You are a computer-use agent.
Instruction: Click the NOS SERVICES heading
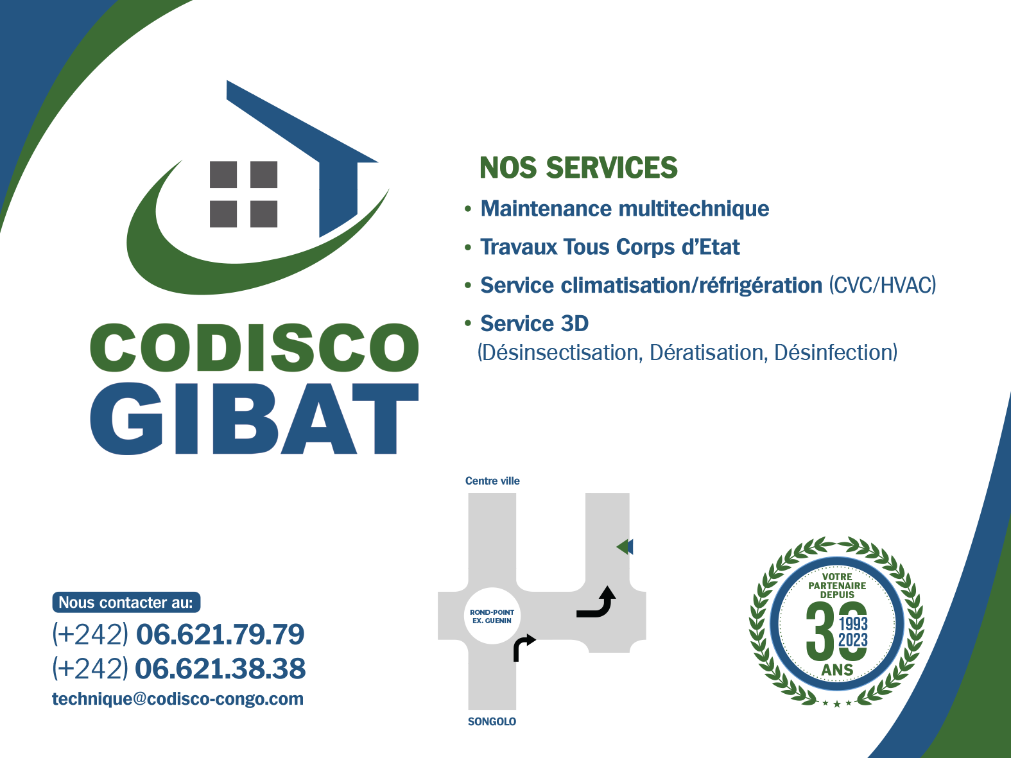pos(578,168)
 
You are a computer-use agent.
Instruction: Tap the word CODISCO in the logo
pos(254,347)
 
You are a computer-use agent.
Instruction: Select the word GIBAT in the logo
pos(254,418)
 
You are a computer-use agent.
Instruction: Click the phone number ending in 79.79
pos(178,634)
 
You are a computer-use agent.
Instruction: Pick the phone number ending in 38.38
pos(178,668)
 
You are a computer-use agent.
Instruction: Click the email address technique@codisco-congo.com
pos(178,699)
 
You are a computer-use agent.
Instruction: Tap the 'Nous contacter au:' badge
pos(126,602)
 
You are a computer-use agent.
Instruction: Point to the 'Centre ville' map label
pos(492,481)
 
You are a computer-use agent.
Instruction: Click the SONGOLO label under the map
pos(492,721)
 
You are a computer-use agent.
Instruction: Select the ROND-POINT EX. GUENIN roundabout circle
pos(492,617)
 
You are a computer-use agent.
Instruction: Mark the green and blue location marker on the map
pos(625,547)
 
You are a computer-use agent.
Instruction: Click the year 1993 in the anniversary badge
pos(853,624)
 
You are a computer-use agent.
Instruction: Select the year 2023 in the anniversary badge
pos(853,640)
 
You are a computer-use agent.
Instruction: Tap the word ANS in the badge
pos(837,669)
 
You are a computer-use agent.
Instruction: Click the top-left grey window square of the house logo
pos(223,175)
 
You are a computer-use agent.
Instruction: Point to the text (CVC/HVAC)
pos(883,285)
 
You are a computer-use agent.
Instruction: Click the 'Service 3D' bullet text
pos(534,323)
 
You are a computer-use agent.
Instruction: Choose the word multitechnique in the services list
pos(694,209)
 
